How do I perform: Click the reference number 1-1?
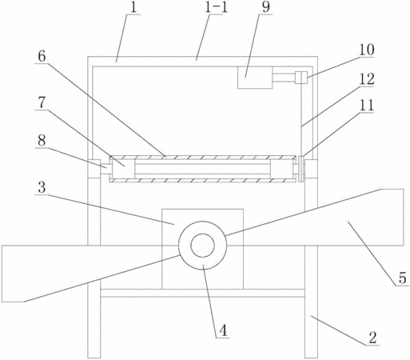coord(216,7)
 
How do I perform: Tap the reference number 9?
coord(265,7)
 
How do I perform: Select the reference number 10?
coord(367,50)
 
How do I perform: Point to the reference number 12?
coord(367,79)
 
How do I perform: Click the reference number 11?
coord(367,105)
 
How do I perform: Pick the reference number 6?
coord(42,56)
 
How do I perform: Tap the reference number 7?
coord(42,102)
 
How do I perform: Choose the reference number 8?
coord(42,140)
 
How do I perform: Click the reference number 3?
coord(42,187)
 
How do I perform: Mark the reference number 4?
coord(223,330)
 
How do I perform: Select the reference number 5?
coord(403,278)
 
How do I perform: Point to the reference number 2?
coord(372,338)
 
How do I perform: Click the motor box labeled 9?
coord(255,78)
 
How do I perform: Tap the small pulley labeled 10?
coord(301,78)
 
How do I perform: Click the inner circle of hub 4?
coord(202,246)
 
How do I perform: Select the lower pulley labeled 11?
coord(301,169)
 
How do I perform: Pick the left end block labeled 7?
coord(124,169)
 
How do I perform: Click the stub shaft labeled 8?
coord(106,169)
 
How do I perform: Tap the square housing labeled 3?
coord(202,249)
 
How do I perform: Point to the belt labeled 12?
coord(301,120)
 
